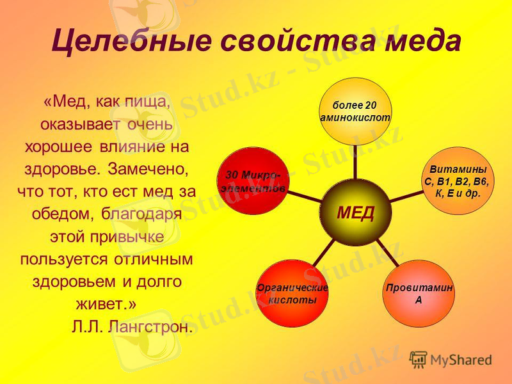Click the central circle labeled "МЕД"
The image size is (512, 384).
tap(356, 212)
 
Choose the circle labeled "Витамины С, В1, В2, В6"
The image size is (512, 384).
tap(457, 180)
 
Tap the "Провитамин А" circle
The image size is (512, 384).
tap(419, 294)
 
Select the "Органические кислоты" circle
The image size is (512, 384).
tap(292, 294)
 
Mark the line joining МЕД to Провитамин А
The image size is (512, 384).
tap(387, 252)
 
